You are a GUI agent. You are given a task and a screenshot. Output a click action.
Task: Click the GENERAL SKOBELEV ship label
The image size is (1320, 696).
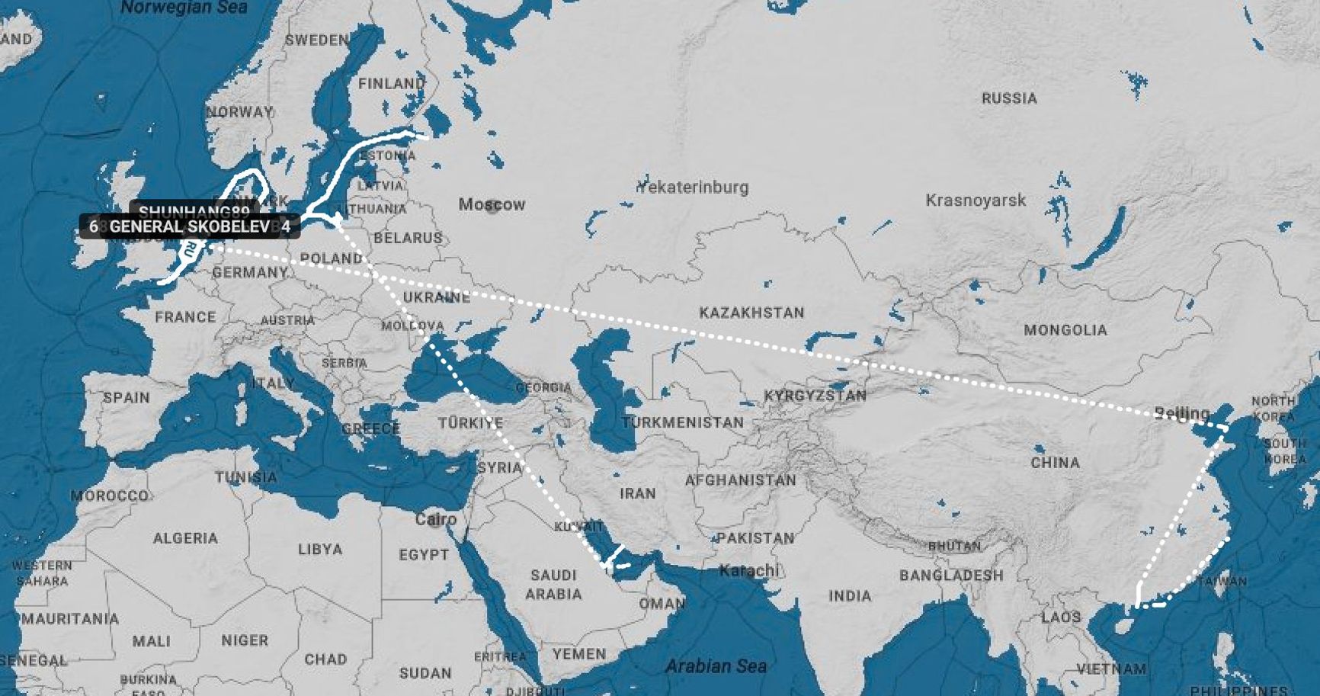189,226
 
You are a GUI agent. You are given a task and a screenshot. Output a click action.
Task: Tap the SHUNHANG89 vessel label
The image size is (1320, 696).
194,211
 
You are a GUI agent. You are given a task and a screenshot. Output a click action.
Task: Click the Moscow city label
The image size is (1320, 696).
492,204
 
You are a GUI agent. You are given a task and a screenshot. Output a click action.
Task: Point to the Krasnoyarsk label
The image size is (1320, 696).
976,200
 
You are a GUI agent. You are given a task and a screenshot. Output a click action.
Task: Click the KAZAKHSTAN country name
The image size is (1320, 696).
751,313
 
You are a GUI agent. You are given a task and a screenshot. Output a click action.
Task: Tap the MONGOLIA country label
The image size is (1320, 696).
1065,330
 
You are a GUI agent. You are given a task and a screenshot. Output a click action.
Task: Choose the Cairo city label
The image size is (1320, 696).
436,520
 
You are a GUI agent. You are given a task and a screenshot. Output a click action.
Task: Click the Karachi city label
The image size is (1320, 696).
749,570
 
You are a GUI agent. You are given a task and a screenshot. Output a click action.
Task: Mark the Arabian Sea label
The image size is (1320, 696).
716,666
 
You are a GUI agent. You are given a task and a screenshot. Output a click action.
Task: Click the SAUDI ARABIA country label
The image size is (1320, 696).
553,585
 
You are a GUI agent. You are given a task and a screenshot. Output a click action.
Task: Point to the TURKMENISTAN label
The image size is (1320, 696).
682,422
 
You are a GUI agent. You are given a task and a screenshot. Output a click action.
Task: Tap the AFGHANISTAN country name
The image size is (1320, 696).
740,480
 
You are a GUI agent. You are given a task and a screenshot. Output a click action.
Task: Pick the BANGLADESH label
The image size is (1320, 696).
951,576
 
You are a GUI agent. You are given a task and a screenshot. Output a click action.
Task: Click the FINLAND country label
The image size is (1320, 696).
391,84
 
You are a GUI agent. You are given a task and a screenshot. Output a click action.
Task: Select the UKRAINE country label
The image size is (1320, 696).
436,297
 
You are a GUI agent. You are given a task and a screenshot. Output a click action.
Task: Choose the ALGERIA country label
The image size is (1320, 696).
185,538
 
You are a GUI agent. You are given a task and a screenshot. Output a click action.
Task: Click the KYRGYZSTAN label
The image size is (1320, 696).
815,396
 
